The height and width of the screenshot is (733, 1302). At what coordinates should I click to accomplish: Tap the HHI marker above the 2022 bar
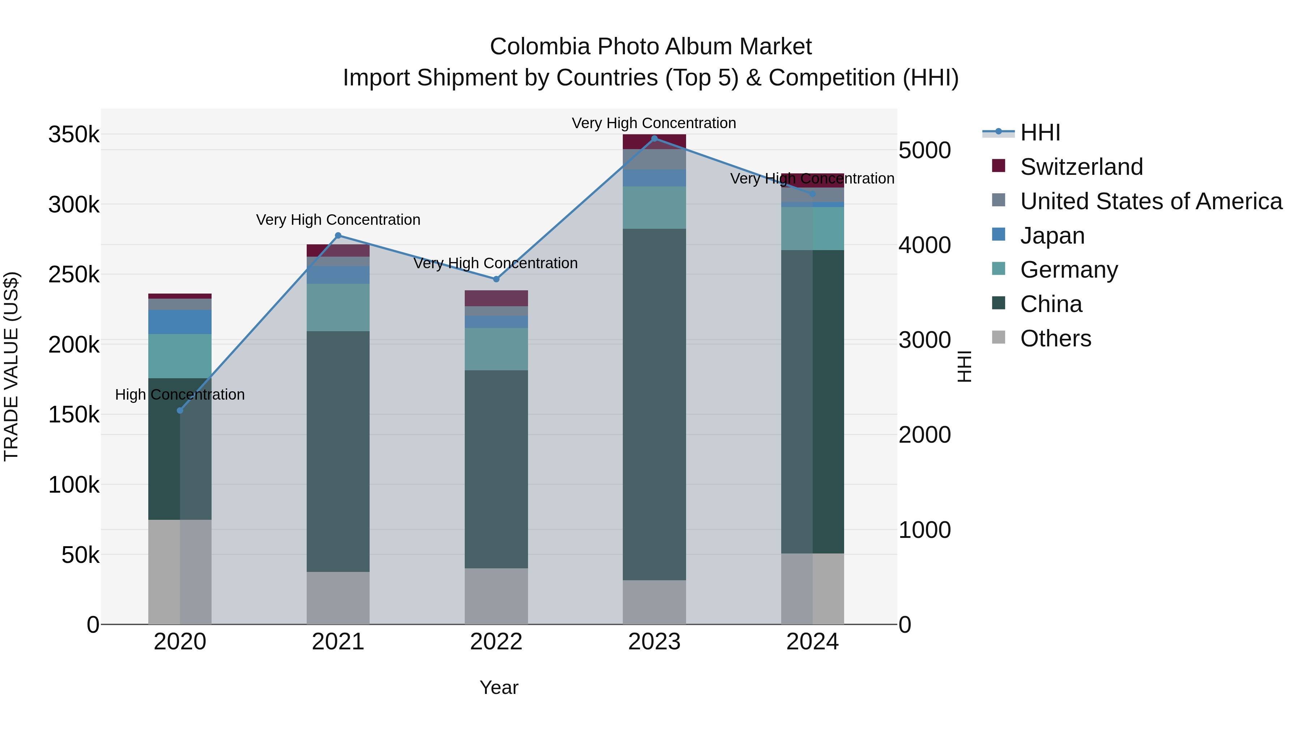tap(496, 279)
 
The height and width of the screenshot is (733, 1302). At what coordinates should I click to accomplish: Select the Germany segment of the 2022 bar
tap(496, 349)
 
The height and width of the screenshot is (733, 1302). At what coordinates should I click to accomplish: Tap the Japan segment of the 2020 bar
tap(180, 322)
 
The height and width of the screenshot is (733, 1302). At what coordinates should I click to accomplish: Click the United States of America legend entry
tap(1150, 201)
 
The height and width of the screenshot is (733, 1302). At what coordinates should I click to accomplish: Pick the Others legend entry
tap(1055, 338)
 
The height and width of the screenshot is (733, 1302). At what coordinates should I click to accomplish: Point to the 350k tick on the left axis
tap(74, 135)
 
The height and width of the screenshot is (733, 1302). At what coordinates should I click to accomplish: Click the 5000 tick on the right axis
tap(924, 150)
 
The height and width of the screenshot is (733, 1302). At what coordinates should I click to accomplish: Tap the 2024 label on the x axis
tap(812, 642)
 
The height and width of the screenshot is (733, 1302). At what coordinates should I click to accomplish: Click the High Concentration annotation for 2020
tap(180, 395)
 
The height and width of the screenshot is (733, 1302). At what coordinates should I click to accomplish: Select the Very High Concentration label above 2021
tap(338, 220)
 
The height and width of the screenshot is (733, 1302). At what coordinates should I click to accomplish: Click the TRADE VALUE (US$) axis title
tap(11, 366)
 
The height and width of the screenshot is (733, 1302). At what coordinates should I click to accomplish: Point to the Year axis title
tap(499, 687)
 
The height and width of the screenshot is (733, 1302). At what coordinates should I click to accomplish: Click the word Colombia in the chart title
tap(540, 47)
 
